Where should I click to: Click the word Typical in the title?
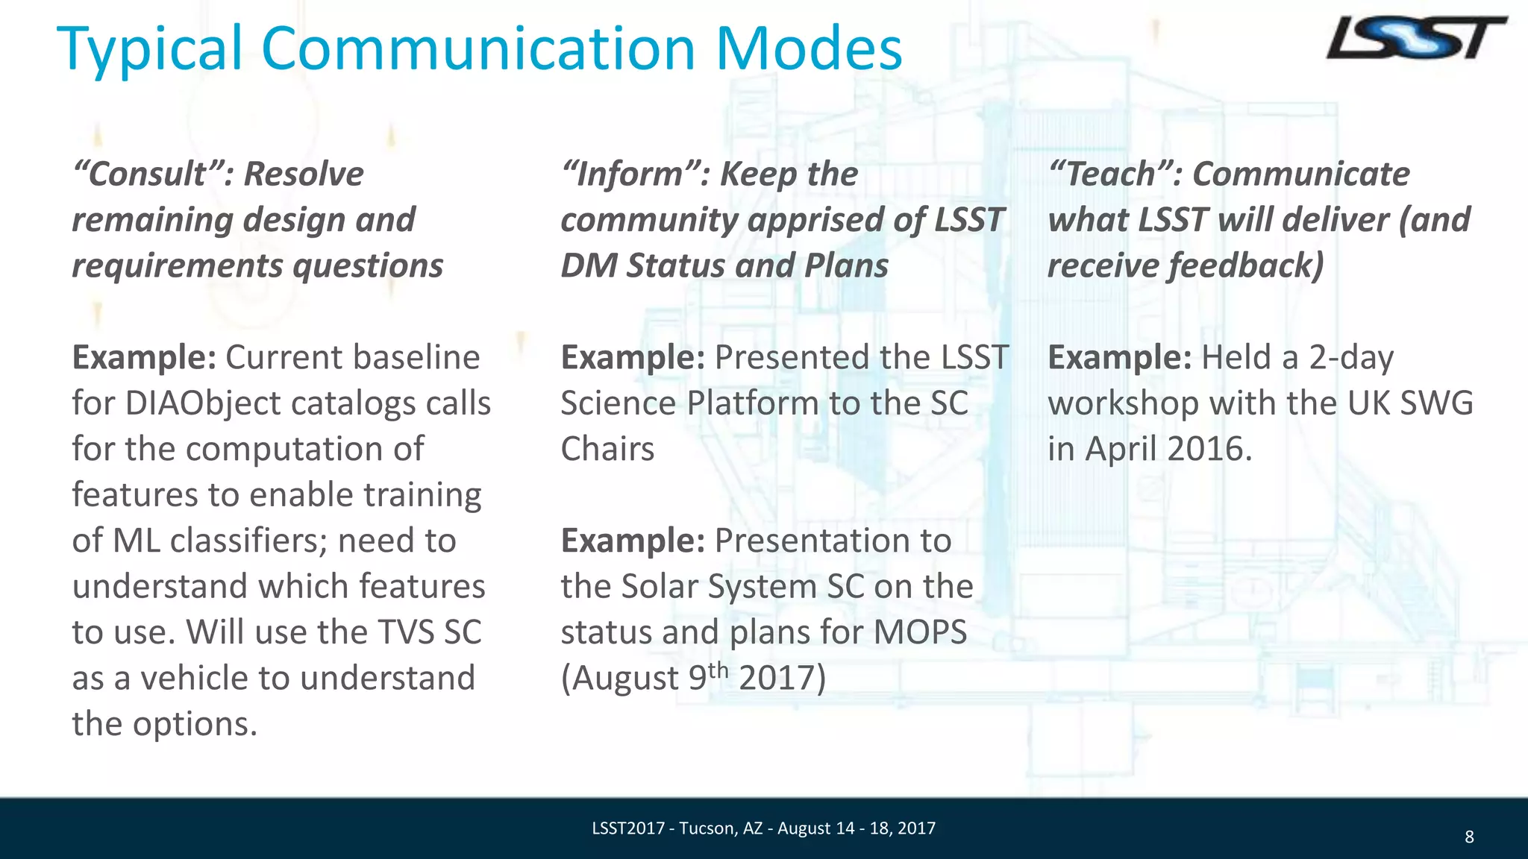pos(149,49)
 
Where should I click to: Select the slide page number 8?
pos(1468,837)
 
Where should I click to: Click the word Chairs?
pos(607,449)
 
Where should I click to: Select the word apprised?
pos(833,220)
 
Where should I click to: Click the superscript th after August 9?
pos(718,670)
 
